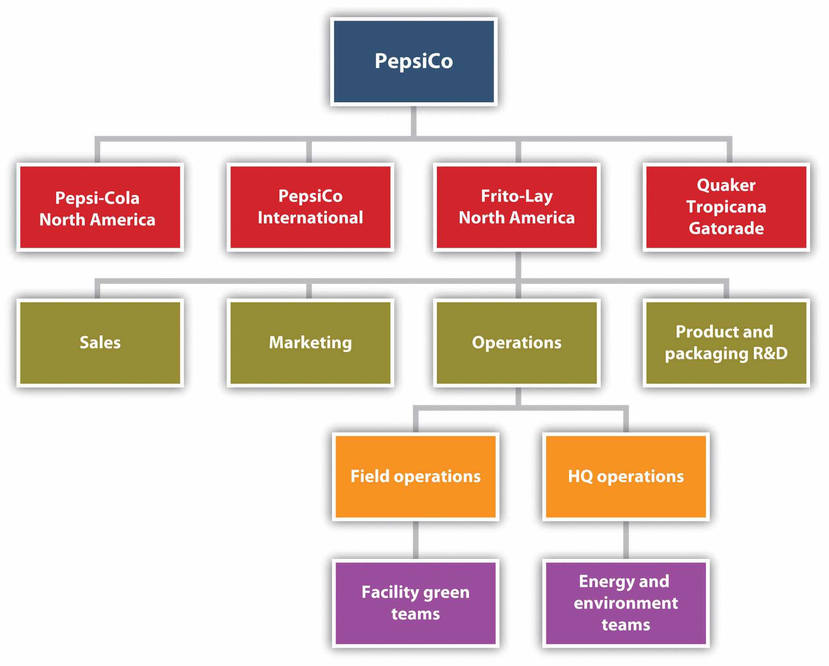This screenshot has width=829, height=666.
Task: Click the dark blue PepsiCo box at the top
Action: pos(414,61)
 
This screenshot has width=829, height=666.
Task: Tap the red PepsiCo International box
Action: pos(310,207)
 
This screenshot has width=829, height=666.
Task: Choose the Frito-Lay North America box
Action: pos(516,207)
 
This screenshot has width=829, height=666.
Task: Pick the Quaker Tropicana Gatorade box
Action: pos(726,207)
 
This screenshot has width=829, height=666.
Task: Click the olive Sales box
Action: pos(100,342)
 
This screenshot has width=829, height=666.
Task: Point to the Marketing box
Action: pos(310,342)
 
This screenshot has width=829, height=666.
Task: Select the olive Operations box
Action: pos(516,342)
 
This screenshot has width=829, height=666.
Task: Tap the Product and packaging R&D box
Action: pos(726,342)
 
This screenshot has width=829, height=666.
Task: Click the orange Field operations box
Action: pos(415,476)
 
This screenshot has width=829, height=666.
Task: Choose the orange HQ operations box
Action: pos(626,476)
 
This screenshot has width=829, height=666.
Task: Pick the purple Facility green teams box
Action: pos(415,603)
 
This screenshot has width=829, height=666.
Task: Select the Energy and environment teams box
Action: pos(626,603)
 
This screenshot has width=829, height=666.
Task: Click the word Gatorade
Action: pos(726,228)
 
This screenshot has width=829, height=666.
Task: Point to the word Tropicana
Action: pos(726,207)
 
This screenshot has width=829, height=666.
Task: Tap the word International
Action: pos(310,218)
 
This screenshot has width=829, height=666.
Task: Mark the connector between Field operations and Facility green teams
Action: pos(415,540)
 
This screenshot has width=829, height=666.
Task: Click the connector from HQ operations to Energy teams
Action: pos(626,540)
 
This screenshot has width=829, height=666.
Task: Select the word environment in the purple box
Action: pos(626,603)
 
